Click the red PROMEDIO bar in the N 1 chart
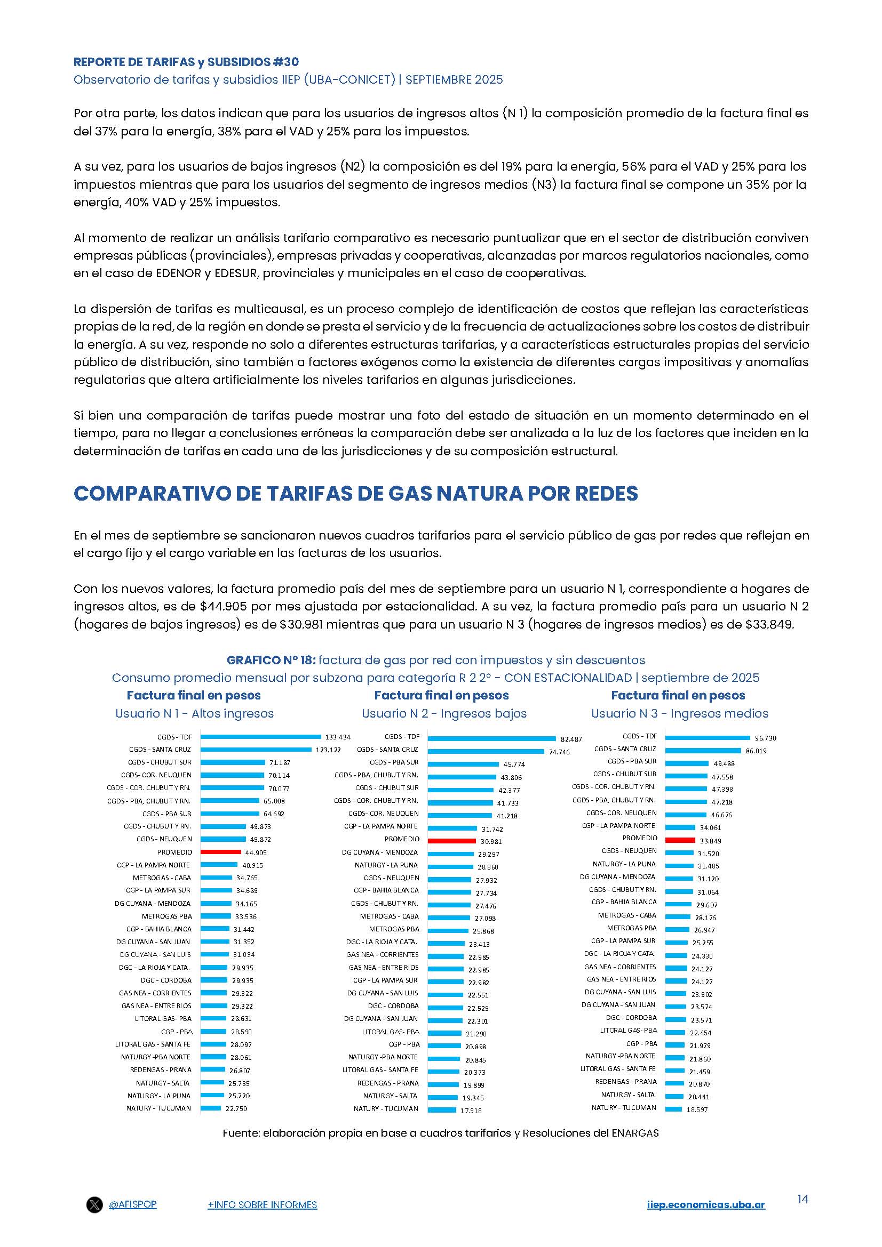click(x=221, y=852)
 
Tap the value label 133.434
click(x=337, y=737)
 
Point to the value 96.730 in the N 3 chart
click(x=765, y=738)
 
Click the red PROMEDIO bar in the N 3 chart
click(x=680, y=840)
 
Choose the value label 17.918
click(x=471, y=1110)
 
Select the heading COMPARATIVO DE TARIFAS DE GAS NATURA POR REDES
click(x=355, y=493)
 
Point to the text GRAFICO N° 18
click(x=271, y=660)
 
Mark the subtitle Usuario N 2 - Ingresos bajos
click(x=444, y=713)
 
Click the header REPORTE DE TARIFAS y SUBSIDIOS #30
click(x=186, y=62)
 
